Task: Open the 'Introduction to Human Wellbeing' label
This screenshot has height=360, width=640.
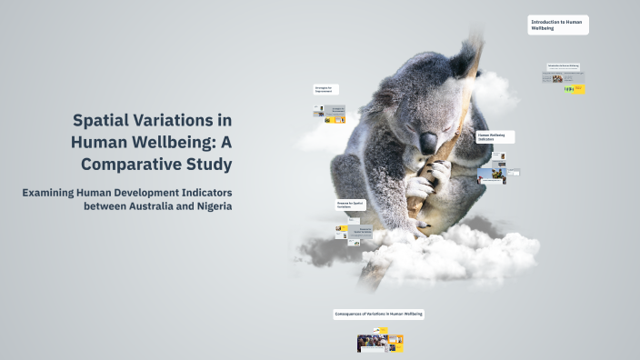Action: click(557, 25)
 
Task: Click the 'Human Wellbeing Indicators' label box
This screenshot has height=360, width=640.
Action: click(495, 137)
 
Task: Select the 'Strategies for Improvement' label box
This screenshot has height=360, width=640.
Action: click(325, 90)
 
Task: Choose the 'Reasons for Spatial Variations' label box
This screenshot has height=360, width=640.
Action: click(351, 205)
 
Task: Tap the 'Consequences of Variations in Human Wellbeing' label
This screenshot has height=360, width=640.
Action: click(379, 314)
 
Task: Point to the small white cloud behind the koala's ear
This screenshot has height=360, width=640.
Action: click(495, 91)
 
